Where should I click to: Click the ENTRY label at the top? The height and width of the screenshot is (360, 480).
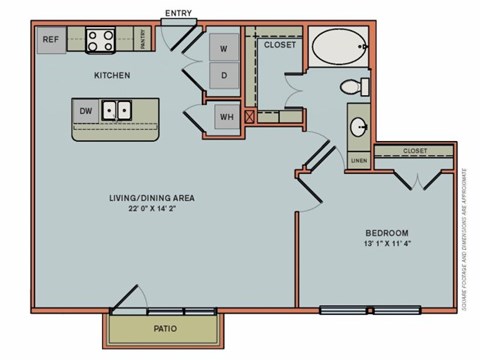pos(177,13)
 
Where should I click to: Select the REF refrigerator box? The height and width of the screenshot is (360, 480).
pos(51,41)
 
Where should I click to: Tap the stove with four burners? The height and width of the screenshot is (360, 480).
pos(101,40)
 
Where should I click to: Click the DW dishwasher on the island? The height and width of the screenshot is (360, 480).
pos(86,111)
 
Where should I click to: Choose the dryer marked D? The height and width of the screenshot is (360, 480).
pos(224,76)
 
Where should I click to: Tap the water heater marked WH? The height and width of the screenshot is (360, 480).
pos(225,117)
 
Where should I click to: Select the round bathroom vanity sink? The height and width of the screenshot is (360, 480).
pos(359,127)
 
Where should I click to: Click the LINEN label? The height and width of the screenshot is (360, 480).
pos(358,160)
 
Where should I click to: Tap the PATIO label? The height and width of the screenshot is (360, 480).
pos(165,327)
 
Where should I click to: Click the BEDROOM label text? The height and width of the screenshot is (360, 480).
pos(385,230)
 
